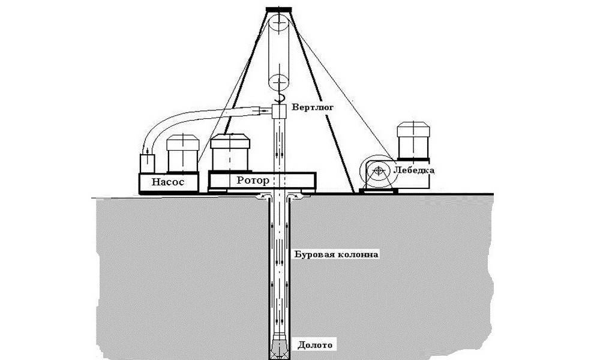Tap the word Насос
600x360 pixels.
168,181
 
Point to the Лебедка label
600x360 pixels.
413,171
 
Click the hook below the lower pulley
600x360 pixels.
279,98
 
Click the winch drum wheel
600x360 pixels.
377,172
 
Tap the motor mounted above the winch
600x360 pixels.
412,141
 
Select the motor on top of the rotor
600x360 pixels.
231,152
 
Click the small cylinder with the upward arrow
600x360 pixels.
147,163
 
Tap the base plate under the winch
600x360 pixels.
377,190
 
